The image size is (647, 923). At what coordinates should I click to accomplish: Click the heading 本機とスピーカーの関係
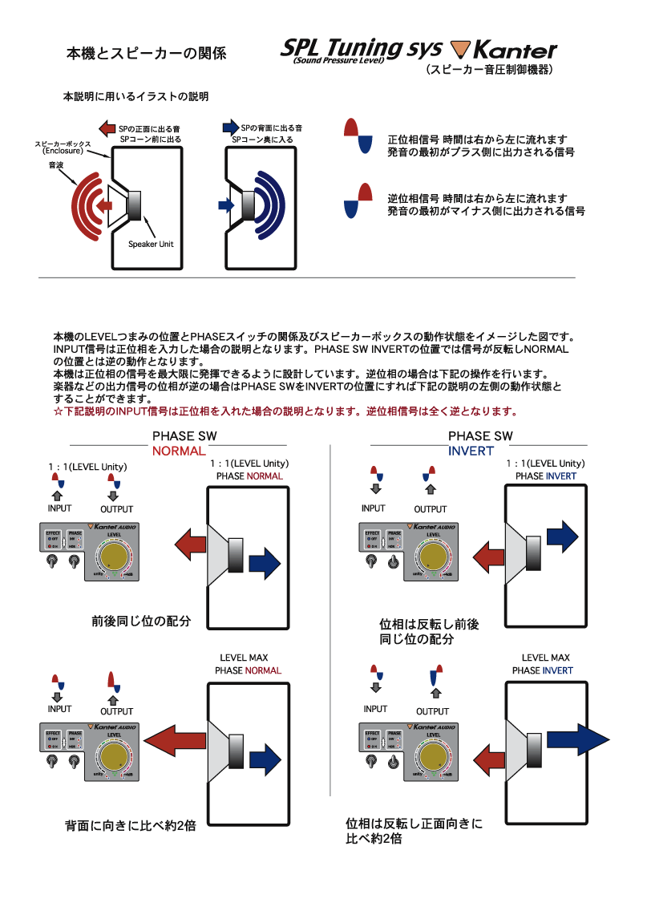[145, 55]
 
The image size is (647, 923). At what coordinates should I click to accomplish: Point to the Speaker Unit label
[151, 244]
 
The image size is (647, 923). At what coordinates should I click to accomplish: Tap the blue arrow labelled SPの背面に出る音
[230, 128]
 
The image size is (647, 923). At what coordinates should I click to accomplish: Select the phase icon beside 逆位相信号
[358, 200]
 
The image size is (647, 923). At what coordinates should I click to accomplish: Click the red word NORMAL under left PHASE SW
[179, 451]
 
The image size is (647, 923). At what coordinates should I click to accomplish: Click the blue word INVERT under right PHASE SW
[471, 451]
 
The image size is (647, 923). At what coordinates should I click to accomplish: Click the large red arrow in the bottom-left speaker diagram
[176, 738]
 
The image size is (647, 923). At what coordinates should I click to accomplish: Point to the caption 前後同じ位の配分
[140, 621]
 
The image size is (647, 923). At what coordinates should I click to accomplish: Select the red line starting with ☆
[285, 412]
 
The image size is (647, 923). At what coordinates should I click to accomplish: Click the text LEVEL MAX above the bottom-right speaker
[545, 658]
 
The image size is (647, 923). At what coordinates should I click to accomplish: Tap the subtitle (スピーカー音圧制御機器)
[488, 71]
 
